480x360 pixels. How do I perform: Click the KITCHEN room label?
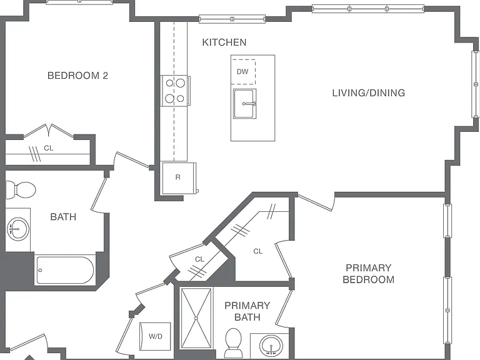(x=224, y=42)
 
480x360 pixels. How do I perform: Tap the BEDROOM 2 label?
(x=77, y=75)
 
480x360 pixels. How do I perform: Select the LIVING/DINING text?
(x=369, y=92)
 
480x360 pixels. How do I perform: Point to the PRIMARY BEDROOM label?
(x=369, y=274)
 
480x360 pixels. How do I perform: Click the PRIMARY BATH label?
(x=247, y=311)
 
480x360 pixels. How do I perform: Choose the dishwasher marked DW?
(x=243, y=72)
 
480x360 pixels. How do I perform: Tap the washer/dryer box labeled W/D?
(x=155, y=336)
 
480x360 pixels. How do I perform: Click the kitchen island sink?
(x=244, y=104)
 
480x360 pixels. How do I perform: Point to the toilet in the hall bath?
(x=21, y=190)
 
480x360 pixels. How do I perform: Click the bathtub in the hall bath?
(x=65, y=270)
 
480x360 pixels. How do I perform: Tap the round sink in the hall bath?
(x=18, y=229)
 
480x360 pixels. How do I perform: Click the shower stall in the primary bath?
(x=196, y=318)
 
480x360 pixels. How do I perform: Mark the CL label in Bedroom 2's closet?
(x=49, y=148)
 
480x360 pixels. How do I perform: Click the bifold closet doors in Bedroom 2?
(x=49, y=131)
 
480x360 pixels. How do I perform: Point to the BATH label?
(x=63, y=217)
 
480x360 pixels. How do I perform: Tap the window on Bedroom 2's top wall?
(x=79, y=1)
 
